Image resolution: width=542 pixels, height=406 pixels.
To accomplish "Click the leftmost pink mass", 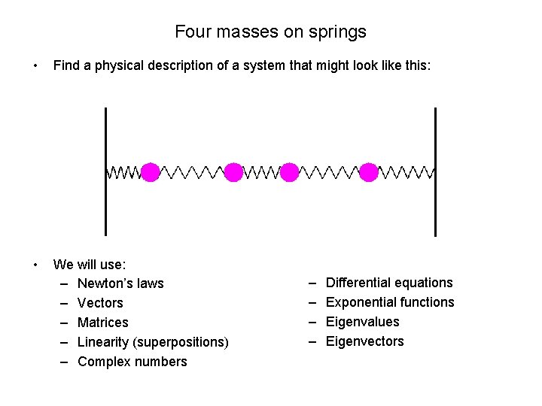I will coord(151,172).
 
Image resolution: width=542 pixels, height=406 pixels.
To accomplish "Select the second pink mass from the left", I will coord(234,172).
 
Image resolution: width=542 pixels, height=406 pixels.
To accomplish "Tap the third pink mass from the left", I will coord(290,172).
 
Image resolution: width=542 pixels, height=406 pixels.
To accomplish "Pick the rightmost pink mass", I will coord(369,172).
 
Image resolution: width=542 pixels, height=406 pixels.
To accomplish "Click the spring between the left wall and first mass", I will coord(123,173).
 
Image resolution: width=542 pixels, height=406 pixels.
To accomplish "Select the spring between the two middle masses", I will coord(262,173).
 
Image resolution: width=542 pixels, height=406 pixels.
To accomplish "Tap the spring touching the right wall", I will coord(406,173).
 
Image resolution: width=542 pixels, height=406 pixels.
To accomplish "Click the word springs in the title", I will coord(341,32).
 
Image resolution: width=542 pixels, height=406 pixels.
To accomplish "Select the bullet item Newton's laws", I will coord(120,283).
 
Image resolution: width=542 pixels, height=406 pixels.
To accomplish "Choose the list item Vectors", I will coord(100,303).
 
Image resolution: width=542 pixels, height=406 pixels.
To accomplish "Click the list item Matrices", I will coord(103,323).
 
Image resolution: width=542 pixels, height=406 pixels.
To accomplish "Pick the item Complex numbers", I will coord(132,362).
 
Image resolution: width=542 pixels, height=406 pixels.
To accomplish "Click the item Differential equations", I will coord(389,283).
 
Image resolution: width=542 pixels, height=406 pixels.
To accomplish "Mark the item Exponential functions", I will coord(390,302).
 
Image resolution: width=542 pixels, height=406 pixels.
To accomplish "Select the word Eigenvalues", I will coord(363,322).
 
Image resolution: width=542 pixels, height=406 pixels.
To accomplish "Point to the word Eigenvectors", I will coord(365,341).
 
